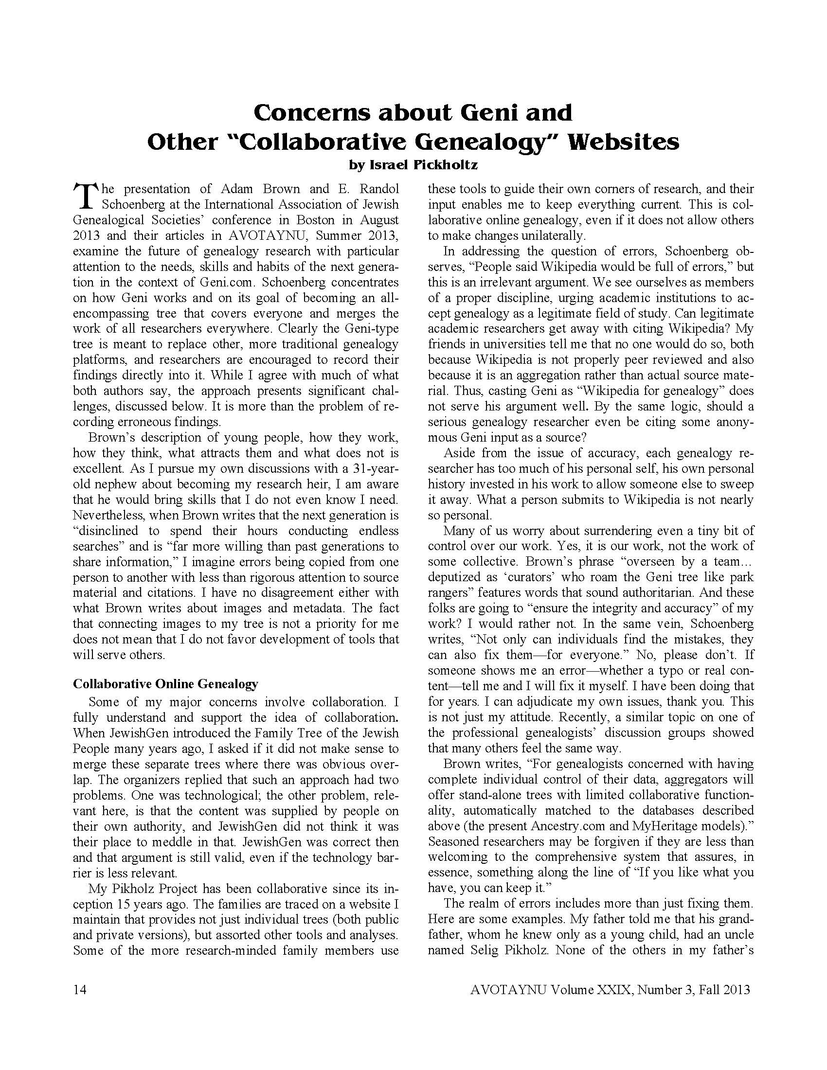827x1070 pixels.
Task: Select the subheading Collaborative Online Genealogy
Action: click(x=165, y=683)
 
